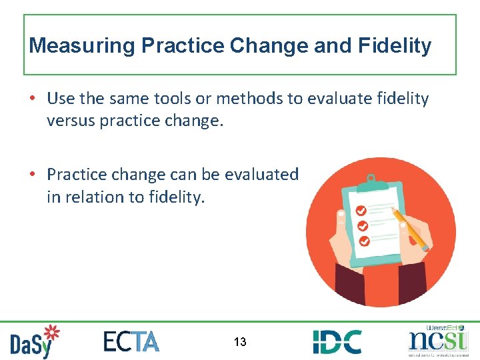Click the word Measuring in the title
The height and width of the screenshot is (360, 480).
click(x=74, y=46)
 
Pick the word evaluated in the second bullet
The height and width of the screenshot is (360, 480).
click(x=263, y=174)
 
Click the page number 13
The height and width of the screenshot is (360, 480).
click(x=240, y=342)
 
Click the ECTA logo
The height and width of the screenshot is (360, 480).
click(x=131, y=341)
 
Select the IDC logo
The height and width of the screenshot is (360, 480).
click(x=337, y=341)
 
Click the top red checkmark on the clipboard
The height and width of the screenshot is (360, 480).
click(x=361, y=209)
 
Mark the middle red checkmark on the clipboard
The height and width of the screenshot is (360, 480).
click(x=362, y=225)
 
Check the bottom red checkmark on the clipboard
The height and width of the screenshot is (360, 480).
click(x=364, y=241)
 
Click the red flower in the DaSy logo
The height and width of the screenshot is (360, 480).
click(x=51, y=332)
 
